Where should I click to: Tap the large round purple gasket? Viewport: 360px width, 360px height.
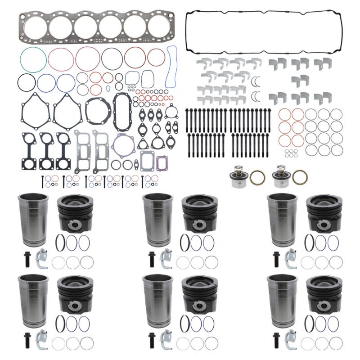123,144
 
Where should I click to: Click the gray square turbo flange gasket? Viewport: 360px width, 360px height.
148,160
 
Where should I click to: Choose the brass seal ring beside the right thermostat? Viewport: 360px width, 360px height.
299,177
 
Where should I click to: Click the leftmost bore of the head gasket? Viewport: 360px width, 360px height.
35,27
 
